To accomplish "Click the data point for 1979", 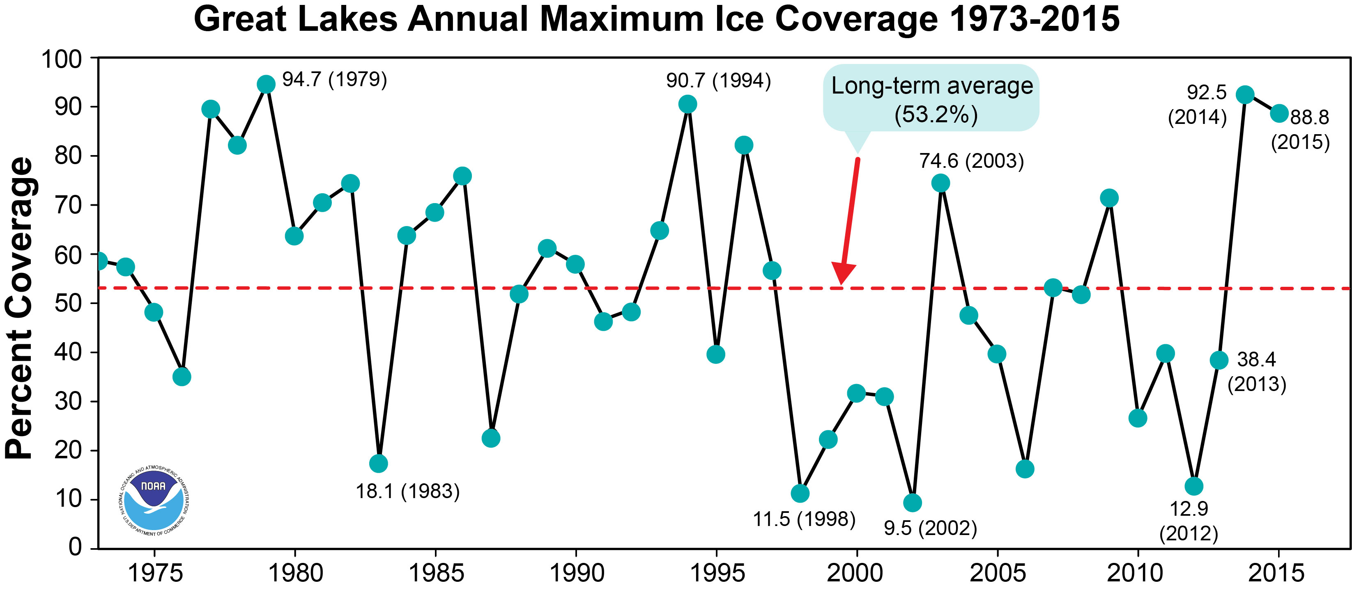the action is click(266, 84).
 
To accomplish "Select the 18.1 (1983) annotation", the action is click(408, 492).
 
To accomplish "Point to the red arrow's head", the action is click(842, 274).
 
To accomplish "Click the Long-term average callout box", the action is click(931, 98).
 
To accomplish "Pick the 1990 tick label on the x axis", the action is click(576, 573).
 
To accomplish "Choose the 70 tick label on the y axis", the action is click(68, 205).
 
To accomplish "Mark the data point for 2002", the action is click(912, 503).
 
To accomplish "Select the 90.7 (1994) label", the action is click(719, 81).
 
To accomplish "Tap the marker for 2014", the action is click(1245, 94).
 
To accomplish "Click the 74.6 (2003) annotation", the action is click(971, 160).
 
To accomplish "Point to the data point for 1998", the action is click(800, 493).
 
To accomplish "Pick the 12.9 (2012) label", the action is click(1189, 521).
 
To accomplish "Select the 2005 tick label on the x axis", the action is click(997, 573).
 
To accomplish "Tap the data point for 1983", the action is click(378, 464).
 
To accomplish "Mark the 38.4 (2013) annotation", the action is click(1256, 371).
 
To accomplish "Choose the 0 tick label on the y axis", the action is click(76, 547).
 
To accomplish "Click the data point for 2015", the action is click(1279, 113).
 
